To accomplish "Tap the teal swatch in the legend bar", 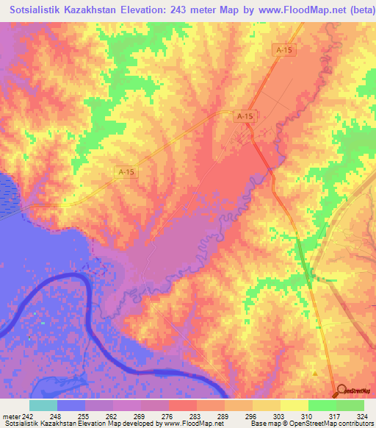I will tap(42, 405).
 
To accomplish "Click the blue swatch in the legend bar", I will tap(70, 405).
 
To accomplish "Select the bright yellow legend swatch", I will tap(293, 405).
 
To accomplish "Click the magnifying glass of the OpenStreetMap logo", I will tap(341, 391).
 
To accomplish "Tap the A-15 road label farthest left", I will tap(126, 171).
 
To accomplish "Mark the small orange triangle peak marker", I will tap(316, 373).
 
